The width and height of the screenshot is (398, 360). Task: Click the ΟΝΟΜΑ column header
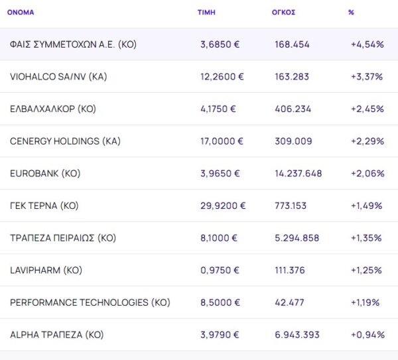tap(21, 13)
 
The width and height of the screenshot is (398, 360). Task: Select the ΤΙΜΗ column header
tap(206, 13)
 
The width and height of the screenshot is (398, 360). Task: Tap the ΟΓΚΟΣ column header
tap(283, 13)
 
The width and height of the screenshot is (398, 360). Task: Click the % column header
tap(351, 13)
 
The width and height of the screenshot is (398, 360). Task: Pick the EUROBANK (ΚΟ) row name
tap(45, 174)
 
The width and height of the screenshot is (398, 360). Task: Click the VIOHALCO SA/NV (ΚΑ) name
tap(58, 77)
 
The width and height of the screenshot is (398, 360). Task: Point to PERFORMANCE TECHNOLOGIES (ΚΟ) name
tap(90, 302)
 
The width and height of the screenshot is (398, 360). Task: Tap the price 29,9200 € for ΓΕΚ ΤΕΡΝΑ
tap(223, 206)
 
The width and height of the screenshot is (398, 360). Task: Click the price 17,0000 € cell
tap(222, 141)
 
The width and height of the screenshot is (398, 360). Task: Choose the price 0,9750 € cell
tap(221, 270)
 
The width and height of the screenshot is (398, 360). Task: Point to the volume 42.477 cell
tap(289, 302)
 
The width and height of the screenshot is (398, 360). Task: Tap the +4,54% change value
tap(367, 45)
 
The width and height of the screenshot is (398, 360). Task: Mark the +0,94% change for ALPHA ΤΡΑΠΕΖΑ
tap(367, 335)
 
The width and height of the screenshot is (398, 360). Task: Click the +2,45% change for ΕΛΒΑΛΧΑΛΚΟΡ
tap(367, 109)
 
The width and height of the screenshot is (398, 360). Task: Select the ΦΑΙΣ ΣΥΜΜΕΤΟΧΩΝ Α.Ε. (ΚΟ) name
tap(73, 45)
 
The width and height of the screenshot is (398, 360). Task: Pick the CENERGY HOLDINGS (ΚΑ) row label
tap(65, 141)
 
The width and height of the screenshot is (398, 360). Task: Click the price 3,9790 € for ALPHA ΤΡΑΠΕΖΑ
tap(222, 335)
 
